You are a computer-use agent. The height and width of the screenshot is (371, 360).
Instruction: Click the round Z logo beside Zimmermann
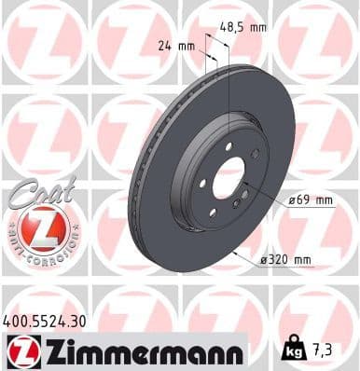19,352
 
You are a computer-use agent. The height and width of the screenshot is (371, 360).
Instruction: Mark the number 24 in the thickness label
165,44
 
